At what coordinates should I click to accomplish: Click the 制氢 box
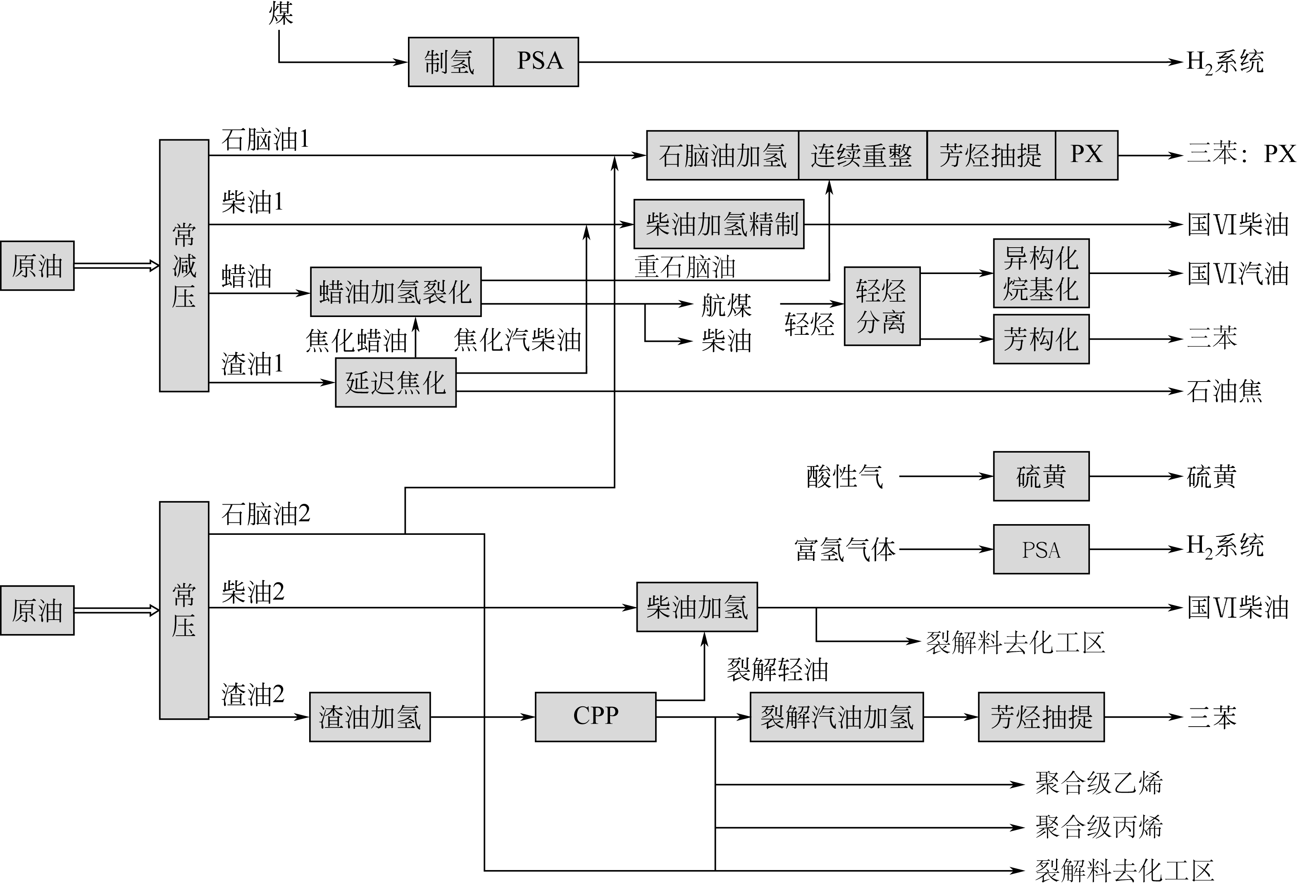coord(451,62)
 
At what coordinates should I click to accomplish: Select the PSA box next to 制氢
coord(536,62)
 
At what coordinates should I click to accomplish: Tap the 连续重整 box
coord(862,155)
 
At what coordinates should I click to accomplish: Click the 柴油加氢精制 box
coord(719,224)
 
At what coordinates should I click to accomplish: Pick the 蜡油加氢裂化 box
coord(396,291)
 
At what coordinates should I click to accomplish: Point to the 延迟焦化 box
coord(396,382)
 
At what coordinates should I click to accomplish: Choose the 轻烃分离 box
coord(882,306)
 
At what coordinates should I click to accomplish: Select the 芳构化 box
coord(1041,339)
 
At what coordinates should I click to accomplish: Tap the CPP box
coord(596,717)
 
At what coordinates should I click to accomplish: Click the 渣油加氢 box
coord(370,717)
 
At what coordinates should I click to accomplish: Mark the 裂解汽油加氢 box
coord(836,717)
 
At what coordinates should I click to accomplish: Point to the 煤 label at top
coord(281,13)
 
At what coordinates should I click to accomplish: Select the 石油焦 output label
coord(1224,391)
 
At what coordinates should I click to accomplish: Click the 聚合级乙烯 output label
coord(1098,783)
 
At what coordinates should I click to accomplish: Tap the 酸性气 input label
coord(844,476)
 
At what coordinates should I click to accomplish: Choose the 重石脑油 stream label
coord(685,267)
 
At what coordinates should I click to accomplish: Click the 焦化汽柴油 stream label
coord(517,339)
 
